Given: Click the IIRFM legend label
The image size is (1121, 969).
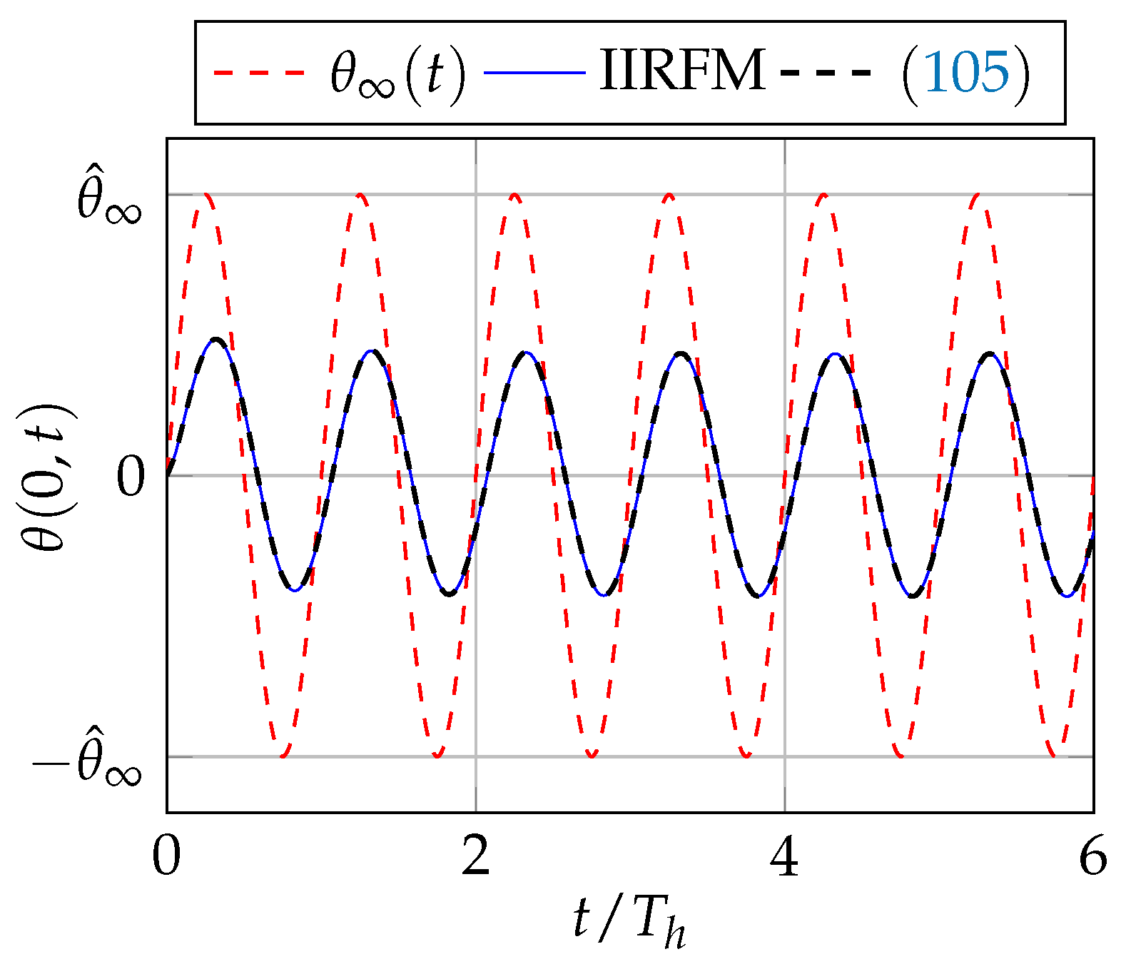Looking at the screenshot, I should pos(682,71).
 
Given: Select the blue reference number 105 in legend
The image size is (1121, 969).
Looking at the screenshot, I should pos(967,72).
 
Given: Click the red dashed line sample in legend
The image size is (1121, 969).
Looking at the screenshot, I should pos(259,72).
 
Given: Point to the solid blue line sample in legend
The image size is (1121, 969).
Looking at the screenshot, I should pos(534,72).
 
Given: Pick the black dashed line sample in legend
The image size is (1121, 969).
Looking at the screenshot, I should pos(826,72).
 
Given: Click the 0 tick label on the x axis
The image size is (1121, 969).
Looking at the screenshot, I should pos(167,856).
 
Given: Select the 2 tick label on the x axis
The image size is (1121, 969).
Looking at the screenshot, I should pos(476,856).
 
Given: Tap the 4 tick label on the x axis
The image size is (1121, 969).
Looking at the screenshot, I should pos(785,856).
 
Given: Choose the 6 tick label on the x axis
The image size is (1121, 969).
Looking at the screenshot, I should pos(1092,856).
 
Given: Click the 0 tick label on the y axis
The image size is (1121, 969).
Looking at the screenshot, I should pos(131,477).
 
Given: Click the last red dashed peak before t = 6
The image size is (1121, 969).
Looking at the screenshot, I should pos(978,194).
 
